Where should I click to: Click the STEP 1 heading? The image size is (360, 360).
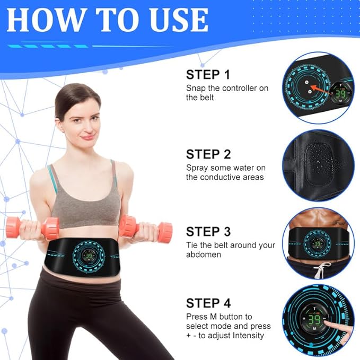[x=208, y=75]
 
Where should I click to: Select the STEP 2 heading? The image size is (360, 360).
[x=208, y=154]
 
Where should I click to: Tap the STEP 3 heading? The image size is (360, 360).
[x=208, y=232]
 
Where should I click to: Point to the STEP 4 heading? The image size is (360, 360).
[x=208, y=303]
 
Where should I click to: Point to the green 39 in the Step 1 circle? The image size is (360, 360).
[x=339, y=93]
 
